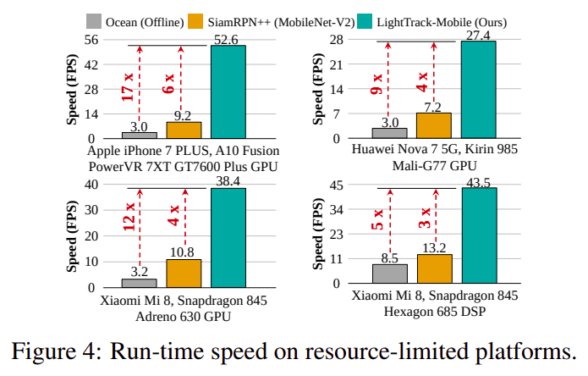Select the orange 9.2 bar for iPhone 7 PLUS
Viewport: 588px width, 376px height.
click(184, 130)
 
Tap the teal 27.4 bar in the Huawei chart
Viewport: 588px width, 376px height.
click(478, 90)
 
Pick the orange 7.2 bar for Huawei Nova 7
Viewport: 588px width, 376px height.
click(433, 125)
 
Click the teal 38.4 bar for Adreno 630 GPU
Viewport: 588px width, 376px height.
click(228, 238)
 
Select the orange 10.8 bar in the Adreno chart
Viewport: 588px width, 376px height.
click(184, 274)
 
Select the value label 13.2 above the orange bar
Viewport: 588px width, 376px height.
click(433, 247)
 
